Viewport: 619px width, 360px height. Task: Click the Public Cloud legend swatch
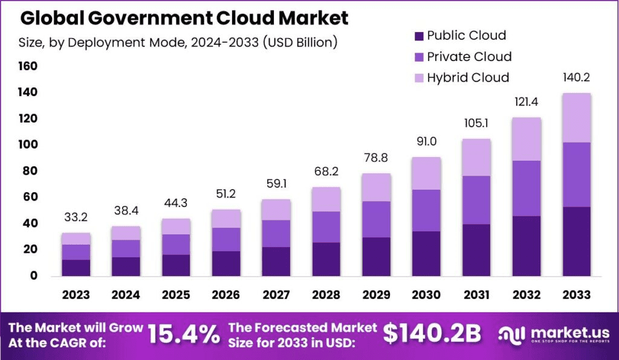419,36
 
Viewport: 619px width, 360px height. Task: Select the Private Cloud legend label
469,57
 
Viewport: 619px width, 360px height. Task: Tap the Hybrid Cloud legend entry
468,77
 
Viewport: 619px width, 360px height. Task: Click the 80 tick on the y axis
28,171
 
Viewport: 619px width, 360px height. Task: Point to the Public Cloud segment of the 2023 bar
76,268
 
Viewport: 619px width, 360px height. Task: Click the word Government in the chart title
157,18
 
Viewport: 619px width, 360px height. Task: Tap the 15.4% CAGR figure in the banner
184,333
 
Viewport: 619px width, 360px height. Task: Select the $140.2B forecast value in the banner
432,333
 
